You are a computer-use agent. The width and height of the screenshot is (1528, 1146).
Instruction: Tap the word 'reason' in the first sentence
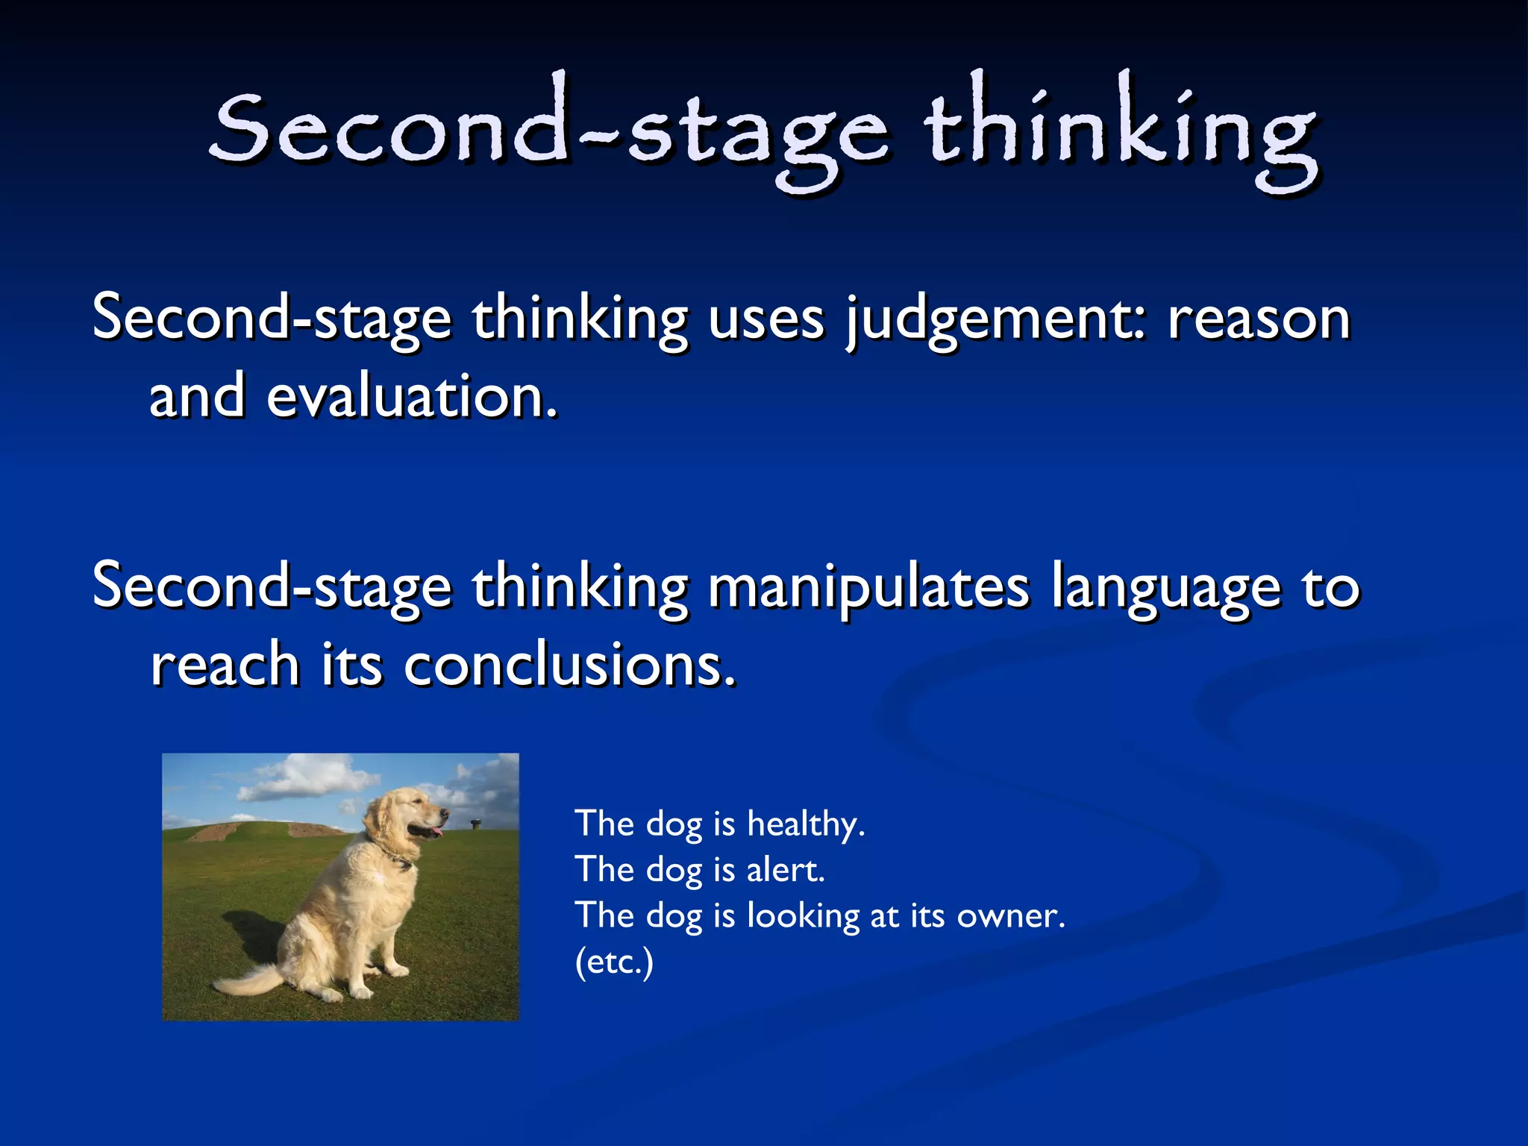[1259, 319]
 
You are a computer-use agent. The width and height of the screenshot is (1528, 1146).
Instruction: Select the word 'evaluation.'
[412, 397]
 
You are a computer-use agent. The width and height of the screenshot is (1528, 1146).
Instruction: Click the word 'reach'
[225, 666]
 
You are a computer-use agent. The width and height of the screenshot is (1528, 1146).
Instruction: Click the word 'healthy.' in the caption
[806, 824]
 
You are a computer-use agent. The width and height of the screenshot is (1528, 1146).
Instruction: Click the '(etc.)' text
[614, 962]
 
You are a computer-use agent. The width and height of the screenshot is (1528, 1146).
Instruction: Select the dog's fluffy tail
[246, 979]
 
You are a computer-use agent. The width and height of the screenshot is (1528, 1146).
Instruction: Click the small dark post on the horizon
[475, 824]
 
